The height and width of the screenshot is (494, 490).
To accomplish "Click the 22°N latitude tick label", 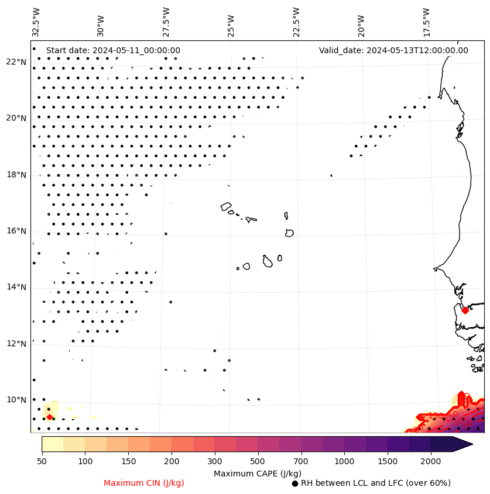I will [x=16, y=62].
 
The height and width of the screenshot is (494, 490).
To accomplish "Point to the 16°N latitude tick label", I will [x=16, y=231].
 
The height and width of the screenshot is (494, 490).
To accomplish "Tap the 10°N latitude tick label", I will [x=16, y=400].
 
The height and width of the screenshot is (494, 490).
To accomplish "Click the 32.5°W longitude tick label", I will [x=36, y=22].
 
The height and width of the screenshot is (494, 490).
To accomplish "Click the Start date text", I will [x=113, y=51].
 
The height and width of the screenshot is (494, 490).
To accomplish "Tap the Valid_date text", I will [x=393, y=51].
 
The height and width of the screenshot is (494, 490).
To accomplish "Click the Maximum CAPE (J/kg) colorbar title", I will [x=257, y=474].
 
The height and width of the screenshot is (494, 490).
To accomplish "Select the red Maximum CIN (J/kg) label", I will [x=144, y=483].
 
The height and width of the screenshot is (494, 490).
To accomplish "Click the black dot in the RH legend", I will [x=295, y=483].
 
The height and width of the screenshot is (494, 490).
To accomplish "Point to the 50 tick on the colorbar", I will [x=42, y=462].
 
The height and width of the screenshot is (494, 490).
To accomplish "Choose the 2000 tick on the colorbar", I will [x=430, y=462].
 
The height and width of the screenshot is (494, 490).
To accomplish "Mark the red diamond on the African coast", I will [x=465, y=310].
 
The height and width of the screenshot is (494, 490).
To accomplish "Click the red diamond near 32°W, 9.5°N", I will [x=50, y=417].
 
